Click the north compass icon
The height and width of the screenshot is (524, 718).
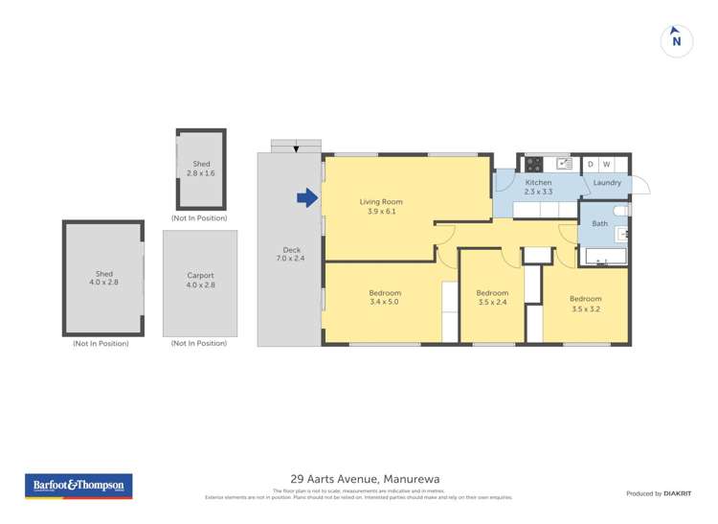pyautogui.click(x=677, y=40)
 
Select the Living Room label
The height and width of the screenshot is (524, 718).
pyautogui.click(x=381, y=207)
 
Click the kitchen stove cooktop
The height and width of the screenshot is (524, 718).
pyautogui.click(x=534, y=164)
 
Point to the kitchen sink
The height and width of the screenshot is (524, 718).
pyautogui.click(x=564, y=164)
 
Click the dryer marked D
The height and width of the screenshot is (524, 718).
pyautogui.click(x=591, y=164)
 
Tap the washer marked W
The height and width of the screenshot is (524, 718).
pyautogui.click(x=606, y=164)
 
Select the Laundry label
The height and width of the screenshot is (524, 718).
pyautogui.click(x=607, y=182)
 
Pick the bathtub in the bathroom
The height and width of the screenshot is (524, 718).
pyautogui.click(x=603, y=257)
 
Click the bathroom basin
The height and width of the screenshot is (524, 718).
pyautogui.click(x=622, y=233)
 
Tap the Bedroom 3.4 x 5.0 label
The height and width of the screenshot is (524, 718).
pyautogui.click(x=385, y=298)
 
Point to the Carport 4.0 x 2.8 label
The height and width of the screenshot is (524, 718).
pyautogui.click(x=200, y=280)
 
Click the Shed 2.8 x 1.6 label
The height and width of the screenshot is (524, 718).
pyautogui.click(x=201, y=169)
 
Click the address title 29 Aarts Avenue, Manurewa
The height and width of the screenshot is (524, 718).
pyautogui.click(x=359, y=478)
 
